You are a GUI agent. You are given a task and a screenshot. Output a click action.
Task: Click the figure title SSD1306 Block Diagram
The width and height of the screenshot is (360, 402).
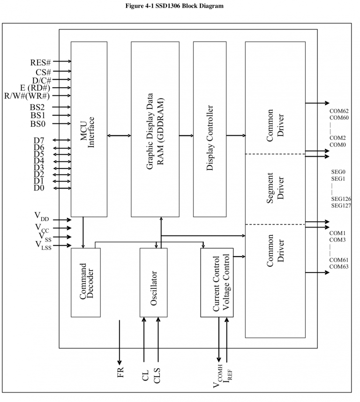click(x=180, y=6)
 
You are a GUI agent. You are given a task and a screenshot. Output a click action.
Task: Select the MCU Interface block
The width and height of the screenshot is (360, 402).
click(x=89, y=129)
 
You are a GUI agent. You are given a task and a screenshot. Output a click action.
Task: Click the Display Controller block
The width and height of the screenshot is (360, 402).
click(x=210, y=129)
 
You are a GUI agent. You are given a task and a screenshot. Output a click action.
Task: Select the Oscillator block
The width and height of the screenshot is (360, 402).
click(x=154, y=282)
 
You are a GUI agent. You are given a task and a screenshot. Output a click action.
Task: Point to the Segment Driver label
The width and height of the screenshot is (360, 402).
click(x=275, y=189)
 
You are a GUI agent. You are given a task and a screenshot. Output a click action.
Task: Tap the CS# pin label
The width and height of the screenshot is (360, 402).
click(x=43, y=72)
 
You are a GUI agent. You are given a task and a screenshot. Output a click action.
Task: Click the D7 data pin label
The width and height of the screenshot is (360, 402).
click(x=38, y=140)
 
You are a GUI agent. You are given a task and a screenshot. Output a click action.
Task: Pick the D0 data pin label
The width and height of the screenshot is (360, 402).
click(x=38, y=188)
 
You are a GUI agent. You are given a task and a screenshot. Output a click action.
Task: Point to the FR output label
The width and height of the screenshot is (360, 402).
click(x=120, y=373)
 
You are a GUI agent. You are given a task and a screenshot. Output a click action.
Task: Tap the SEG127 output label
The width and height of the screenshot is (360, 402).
click(x=341, y=205)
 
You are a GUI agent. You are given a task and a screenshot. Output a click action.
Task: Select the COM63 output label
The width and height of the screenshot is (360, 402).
click(x=339, y=266)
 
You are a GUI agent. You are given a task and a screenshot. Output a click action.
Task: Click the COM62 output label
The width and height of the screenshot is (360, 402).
click(x=339, y=111)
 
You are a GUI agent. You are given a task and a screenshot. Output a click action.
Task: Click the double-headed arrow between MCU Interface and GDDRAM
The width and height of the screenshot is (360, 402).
click(x=119, y=136)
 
